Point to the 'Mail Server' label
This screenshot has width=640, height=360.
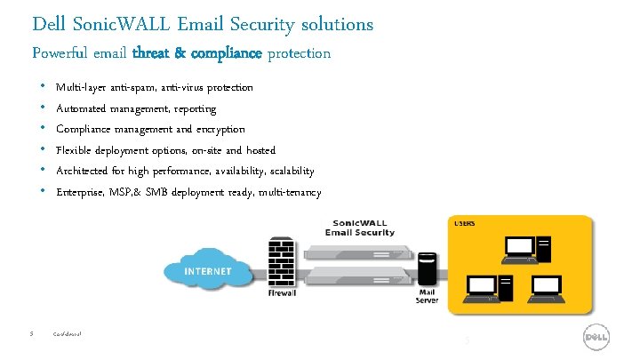428,296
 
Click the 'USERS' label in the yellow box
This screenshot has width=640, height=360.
464,223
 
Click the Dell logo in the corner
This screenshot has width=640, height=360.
595,337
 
